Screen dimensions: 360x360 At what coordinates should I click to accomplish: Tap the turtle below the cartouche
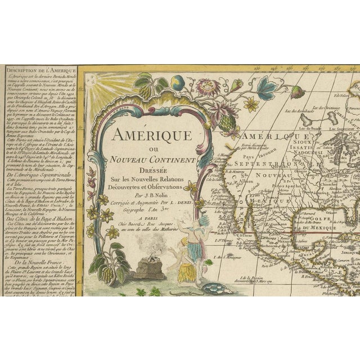point(214,289)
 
